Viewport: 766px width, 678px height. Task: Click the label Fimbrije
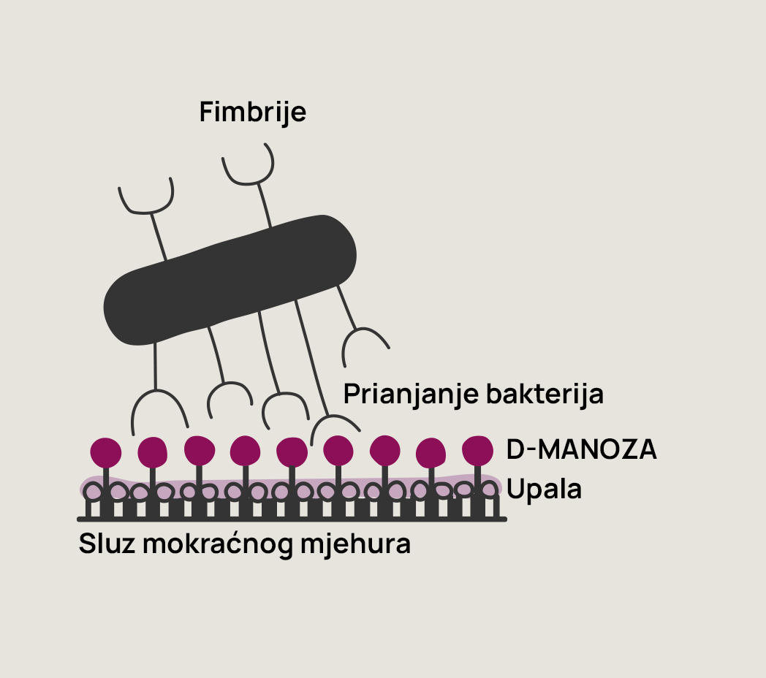[x=252, y=112]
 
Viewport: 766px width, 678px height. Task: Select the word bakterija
[x=544, y=394]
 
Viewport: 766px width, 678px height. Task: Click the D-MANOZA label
[x=581, y=450]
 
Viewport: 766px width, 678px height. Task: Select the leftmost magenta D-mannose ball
[x=106, y=452]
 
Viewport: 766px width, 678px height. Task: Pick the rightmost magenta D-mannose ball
[x=478, y=449]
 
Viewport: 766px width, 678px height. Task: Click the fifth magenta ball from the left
[x=292, y=452]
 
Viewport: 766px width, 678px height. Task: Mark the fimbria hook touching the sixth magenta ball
[x=334, y=423]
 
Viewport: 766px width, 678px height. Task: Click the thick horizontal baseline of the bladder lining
[x=292, y=519]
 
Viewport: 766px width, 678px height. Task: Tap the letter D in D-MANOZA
[x=515, y=450]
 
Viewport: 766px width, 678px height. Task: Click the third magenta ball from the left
[x=199, y=450]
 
